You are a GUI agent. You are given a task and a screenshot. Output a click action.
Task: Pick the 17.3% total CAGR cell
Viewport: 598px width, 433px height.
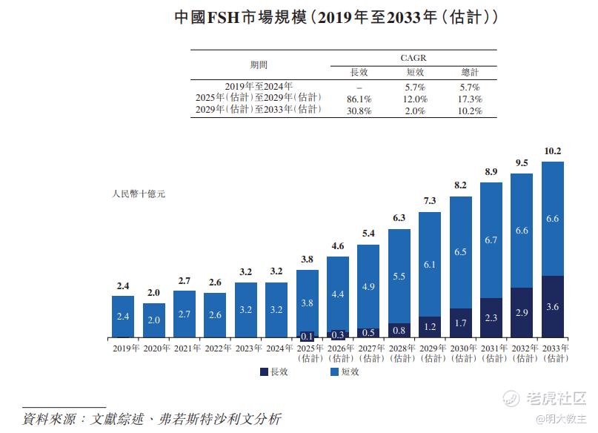click(x=470, y=99)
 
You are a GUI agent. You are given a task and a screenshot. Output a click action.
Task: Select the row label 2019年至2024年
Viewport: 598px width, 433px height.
click(x=259, y=86)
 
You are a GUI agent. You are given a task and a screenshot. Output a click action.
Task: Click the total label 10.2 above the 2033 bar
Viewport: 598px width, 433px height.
click(x=553, y=151)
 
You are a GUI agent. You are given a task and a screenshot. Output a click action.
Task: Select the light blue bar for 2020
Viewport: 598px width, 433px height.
click(x=154, y=320)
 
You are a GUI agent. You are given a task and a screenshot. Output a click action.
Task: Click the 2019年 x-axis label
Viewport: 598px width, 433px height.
click(x=124, y=348)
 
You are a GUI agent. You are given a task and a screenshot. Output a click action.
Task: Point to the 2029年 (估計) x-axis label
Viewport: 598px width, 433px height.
click(x=430, y=353)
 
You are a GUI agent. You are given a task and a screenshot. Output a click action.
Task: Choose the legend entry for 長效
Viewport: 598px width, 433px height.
click(x=273, y=371)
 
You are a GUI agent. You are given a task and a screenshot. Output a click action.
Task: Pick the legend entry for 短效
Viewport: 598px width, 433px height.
click(x=342, y=371)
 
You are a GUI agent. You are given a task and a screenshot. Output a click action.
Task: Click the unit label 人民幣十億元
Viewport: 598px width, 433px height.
click(x=138, y=194)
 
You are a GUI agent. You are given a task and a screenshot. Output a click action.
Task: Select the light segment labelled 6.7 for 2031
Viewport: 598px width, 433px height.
click(x=491, y=240)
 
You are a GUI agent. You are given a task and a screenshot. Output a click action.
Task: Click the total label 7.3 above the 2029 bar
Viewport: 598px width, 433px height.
click(x=430, y=201)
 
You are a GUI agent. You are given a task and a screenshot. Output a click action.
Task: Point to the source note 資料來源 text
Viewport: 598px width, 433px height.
click(x=152, y=418)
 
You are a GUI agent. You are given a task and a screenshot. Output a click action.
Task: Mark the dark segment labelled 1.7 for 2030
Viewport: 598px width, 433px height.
click(x=461, y=324)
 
